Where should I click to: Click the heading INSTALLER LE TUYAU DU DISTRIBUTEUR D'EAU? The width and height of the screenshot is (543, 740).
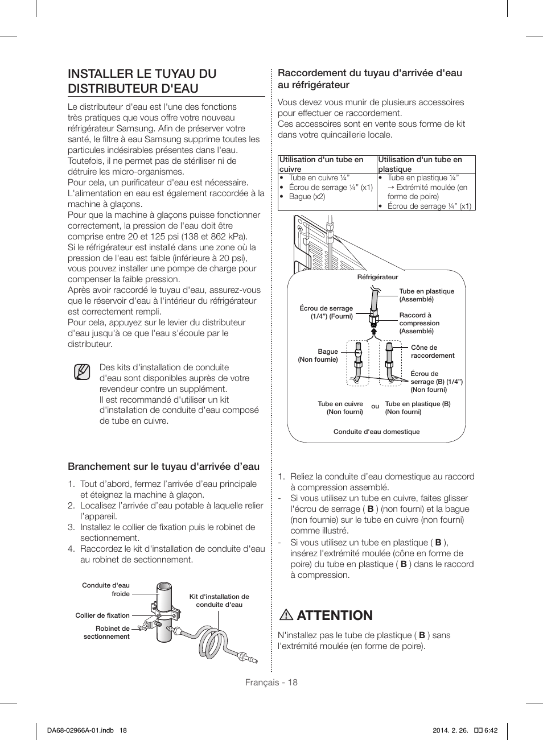tap(142, 81)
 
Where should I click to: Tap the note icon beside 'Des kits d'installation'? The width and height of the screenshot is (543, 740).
tap(82, 373)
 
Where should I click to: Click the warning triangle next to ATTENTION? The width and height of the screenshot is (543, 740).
tap(286, 615)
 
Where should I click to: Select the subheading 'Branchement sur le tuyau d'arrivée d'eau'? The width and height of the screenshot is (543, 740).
tap(163, 466)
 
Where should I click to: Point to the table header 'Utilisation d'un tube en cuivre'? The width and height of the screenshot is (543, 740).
tap(321, 164)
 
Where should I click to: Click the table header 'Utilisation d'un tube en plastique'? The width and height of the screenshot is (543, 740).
tap(420, 164)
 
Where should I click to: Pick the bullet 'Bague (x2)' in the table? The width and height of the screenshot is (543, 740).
tap(307, 196)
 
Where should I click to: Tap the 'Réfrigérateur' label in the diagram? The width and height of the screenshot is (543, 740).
tap(377, 277)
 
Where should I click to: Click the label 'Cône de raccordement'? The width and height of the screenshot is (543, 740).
tap(432, 352)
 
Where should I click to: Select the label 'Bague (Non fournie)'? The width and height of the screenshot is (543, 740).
tap(319, 355)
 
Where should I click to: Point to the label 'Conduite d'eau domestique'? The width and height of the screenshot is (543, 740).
tap(376, 432)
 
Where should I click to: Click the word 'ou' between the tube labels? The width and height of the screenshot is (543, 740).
tap(375, 406)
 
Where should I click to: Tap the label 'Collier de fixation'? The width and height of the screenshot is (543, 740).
tap(102, 615)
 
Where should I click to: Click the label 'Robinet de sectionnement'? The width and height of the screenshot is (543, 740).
tap(107, 632)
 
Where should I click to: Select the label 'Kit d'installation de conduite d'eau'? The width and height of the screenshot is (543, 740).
tap(219, 601)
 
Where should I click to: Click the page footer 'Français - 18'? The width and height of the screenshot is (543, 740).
tap(271, 683)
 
